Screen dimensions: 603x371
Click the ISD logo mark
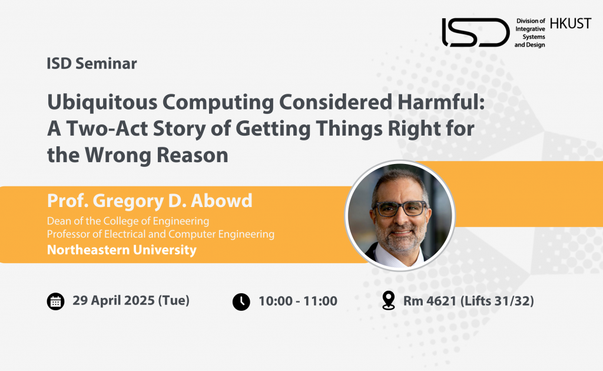pos(476,32)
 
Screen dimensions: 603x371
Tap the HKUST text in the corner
pos(570,24)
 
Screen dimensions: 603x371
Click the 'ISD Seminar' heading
pos(91,64)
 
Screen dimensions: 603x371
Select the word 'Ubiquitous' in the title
pos(102,103)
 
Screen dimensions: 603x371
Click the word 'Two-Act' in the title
pos(107,129)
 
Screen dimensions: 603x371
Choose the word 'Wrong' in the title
pos(118,155)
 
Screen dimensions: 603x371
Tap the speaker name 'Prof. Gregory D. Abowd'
pos(150,201)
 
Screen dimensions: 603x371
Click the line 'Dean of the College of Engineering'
pos(128,221)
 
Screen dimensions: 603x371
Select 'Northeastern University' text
pos(121,249)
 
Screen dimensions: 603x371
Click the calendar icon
pos(56,301)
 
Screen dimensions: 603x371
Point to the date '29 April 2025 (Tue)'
pos(131,300)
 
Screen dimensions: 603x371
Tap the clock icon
pos(241,301)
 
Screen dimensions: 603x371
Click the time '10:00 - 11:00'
pos(297,301)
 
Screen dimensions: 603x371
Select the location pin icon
pos(389,300)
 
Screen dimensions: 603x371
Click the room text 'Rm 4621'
pos(429,301)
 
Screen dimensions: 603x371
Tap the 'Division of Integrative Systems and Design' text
pos(530,33)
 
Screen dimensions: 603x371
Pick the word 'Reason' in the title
pos(193,155)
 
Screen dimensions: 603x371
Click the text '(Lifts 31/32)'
pos(497,301)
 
